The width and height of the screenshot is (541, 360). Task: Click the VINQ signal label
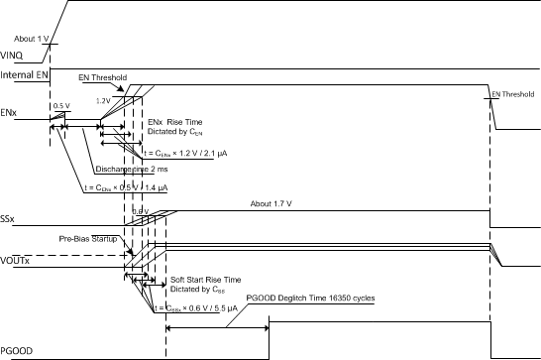14,55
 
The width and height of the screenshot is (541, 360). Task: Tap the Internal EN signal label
25,74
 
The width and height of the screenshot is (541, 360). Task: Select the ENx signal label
11,113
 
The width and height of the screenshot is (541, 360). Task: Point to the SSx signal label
10,217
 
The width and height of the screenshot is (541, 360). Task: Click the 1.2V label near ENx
102,100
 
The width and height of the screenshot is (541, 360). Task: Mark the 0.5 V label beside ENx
60,105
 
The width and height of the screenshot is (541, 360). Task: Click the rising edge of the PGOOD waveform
270,334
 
